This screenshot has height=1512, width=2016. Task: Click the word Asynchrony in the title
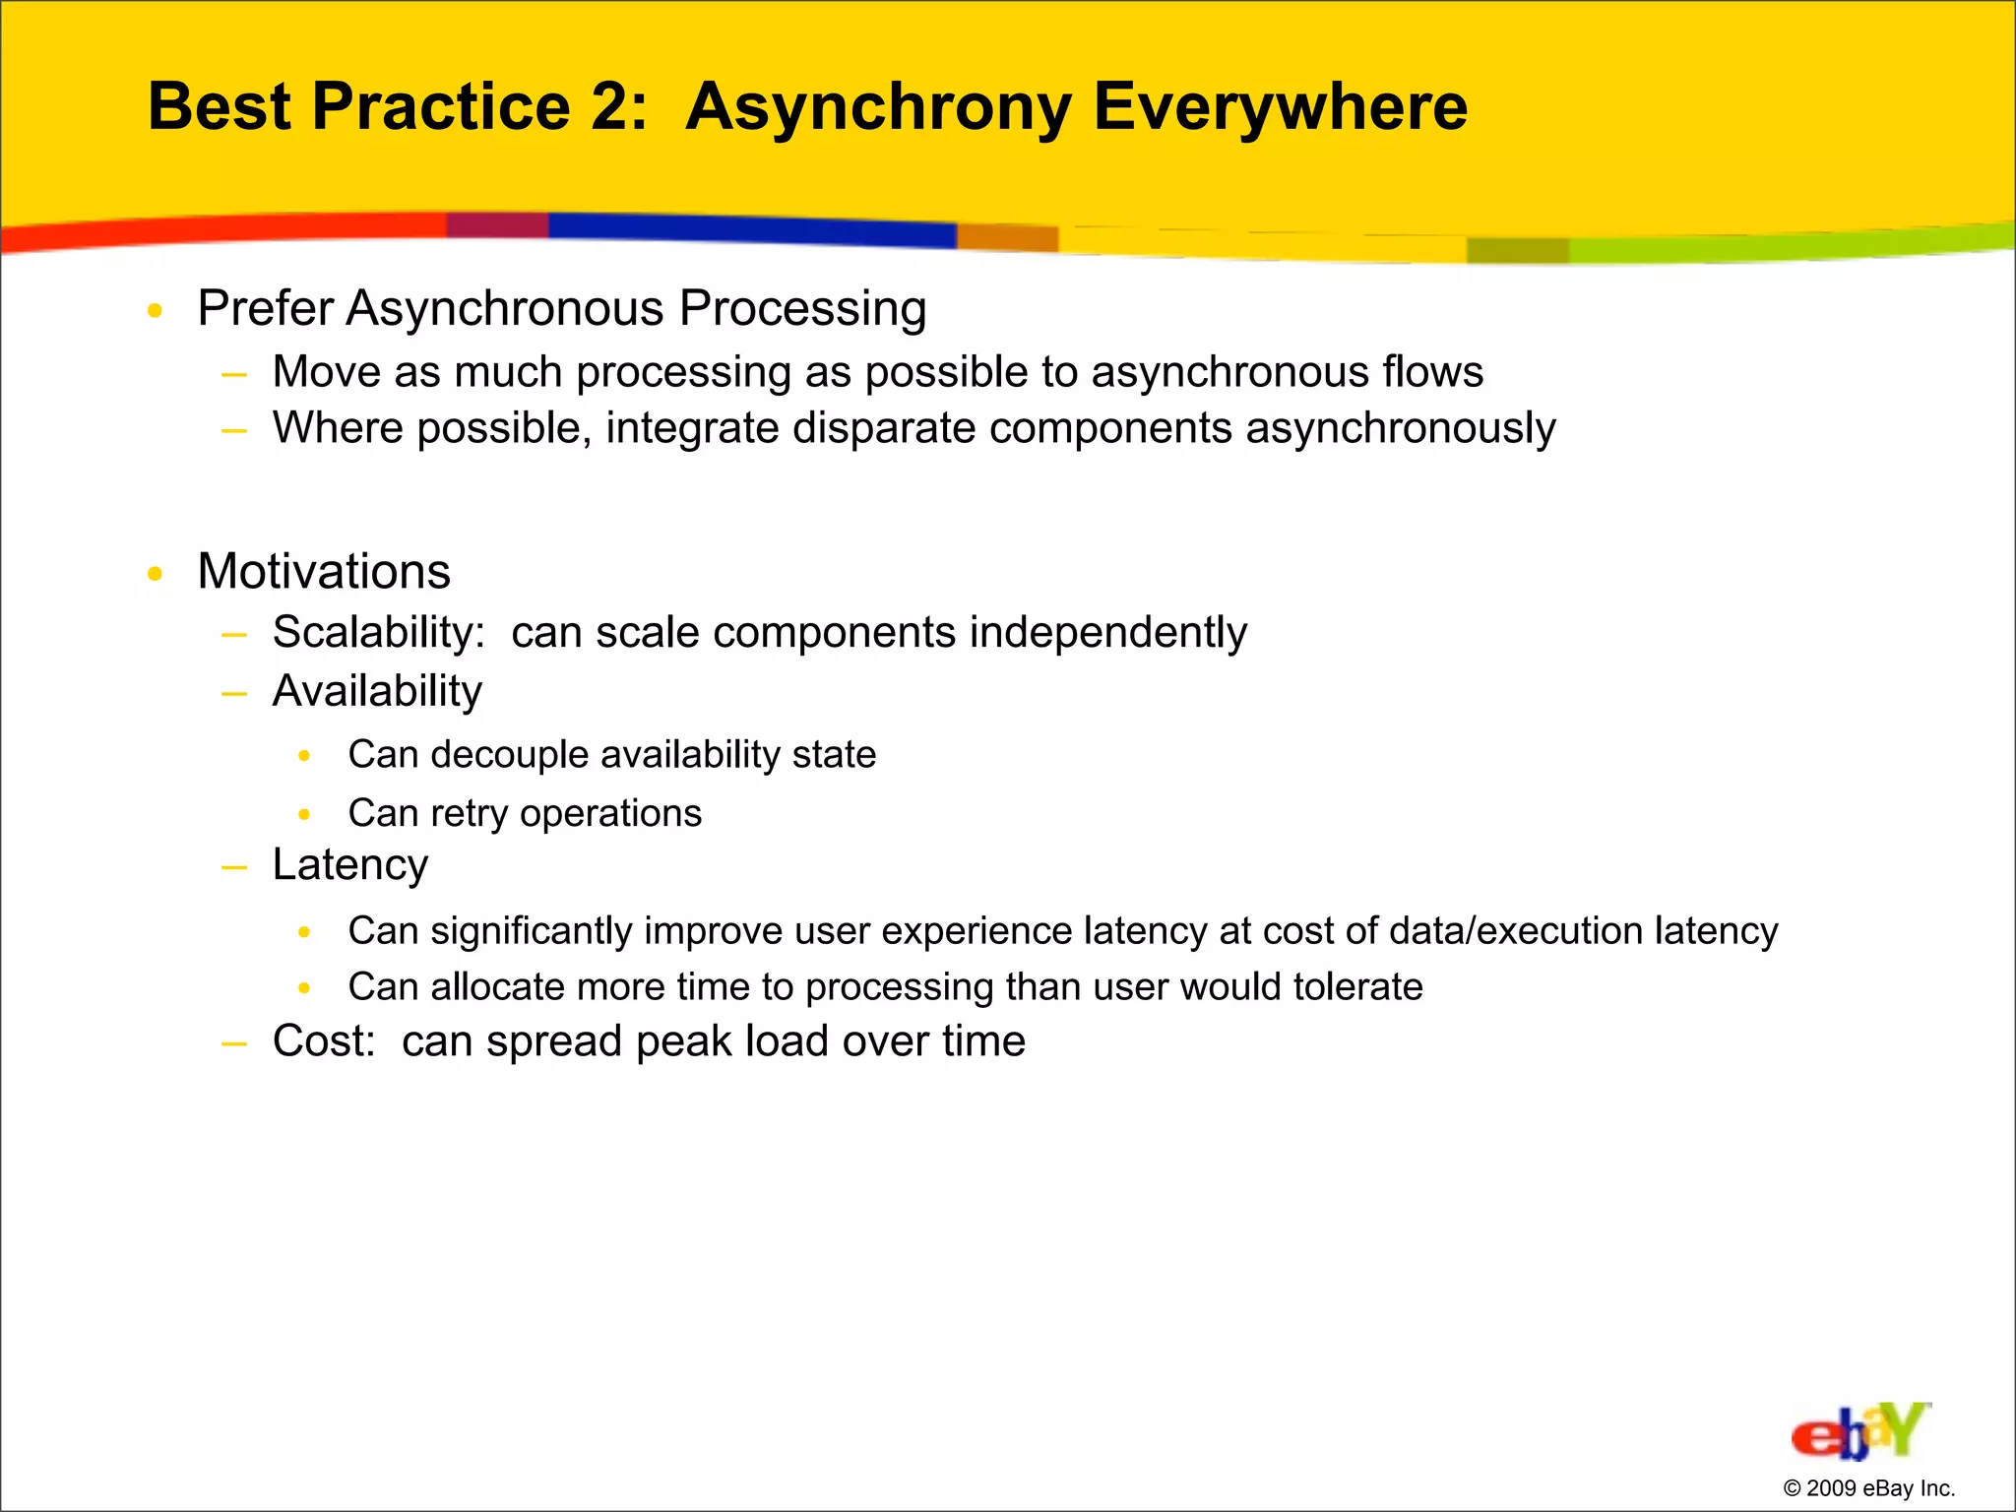(878, 108)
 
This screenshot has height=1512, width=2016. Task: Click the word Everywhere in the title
(1280, 108)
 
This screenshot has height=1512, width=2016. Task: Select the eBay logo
(1859, 1432)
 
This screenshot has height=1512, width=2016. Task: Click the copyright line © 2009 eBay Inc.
(1868, 1488)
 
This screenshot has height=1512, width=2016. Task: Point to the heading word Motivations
(324, 572)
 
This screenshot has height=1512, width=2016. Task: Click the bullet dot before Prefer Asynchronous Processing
(155, 311)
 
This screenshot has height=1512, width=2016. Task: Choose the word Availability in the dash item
(377, 691)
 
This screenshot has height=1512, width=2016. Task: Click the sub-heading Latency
(350, 865)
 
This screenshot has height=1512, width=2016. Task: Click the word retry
(469, 814)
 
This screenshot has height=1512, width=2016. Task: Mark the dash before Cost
(234, 1042)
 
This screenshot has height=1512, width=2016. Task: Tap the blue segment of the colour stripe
(748, 229)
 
